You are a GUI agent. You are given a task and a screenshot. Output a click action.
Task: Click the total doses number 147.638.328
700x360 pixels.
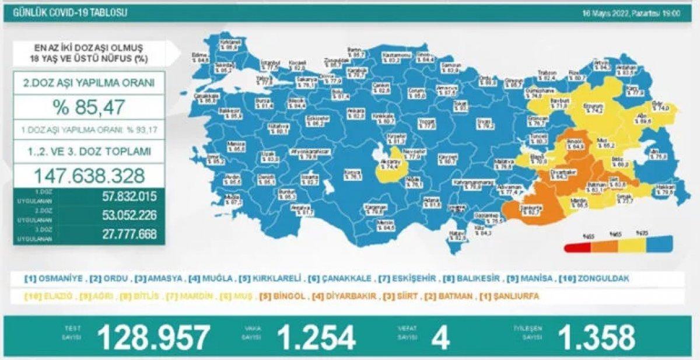pos(89,175)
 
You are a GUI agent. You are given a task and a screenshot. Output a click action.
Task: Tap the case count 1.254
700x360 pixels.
pos(316,337)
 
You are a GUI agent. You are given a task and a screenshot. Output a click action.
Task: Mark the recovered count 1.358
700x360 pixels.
pos(596,337)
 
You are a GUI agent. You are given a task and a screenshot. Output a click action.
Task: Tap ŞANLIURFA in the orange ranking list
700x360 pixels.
pos(513,296)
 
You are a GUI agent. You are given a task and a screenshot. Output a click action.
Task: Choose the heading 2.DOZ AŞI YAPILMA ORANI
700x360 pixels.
pos(89,83)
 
